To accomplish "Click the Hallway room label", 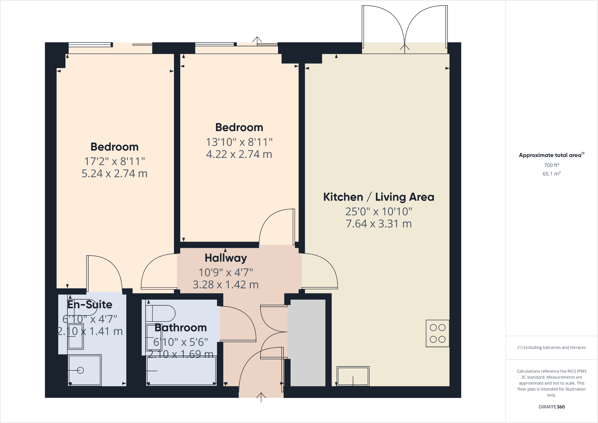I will pos(226,258).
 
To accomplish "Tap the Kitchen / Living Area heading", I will pos(379,197).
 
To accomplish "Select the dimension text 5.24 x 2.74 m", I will pos(114,174).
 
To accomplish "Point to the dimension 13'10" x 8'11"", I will pos(239,142).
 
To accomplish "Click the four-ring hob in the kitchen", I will pos(437,333).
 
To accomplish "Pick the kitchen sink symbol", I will pos(353,376).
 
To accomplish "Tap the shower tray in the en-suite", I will pos(85,370).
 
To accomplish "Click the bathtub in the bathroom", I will pos(181,371).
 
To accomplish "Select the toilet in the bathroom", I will pos(161,313).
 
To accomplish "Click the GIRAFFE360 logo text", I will pos(551,407).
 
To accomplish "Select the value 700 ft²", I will pos(551,165).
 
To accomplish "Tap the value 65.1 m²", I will pos(551,174).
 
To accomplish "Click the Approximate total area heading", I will pos(551,155).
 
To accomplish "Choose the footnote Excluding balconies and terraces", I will pos(551,347).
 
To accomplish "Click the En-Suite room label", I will pos(90,305).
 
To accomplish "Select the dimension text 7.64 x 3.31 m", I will pos(379,224).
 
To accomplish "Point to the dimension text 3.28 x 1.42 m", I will pos(226,285).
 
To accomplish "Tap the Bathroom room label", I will pos(181,328).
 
